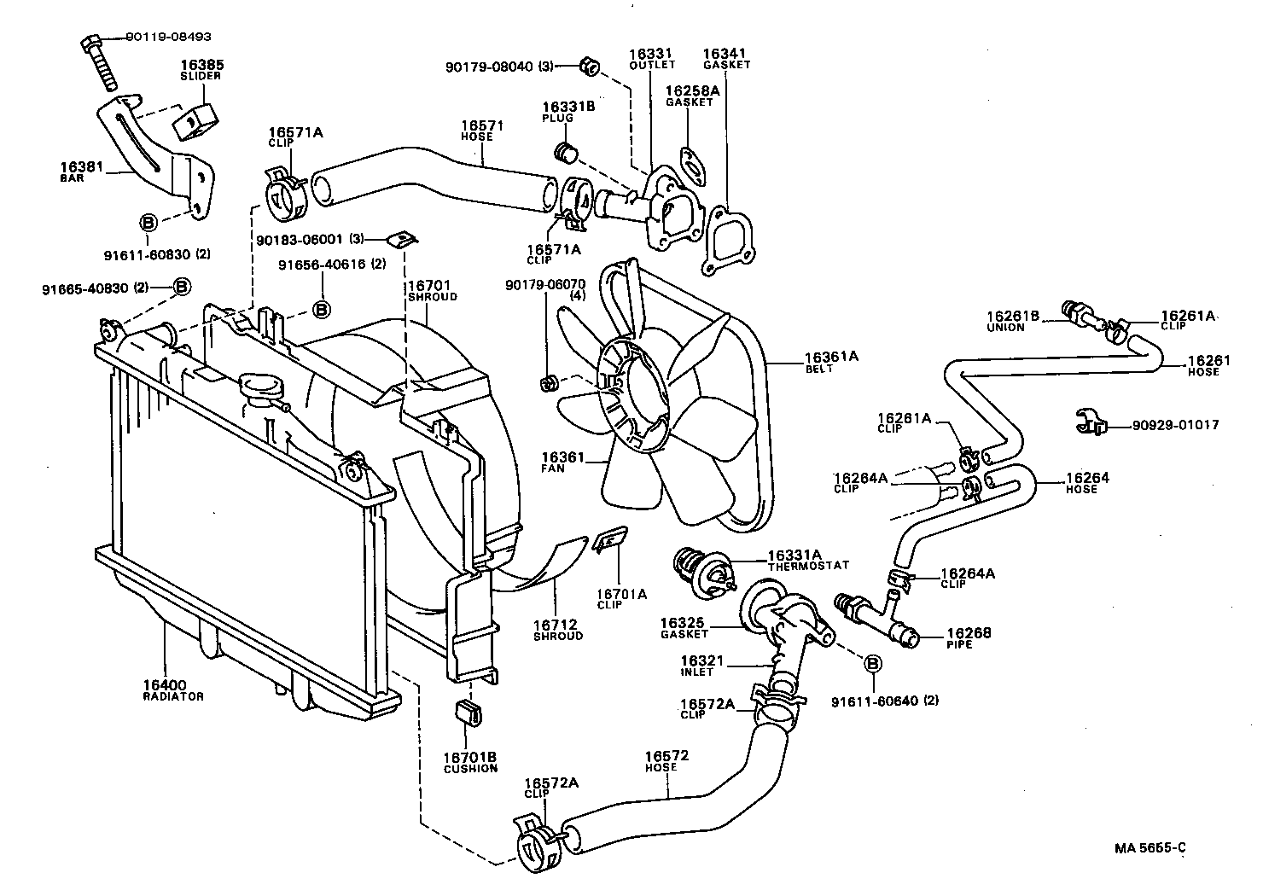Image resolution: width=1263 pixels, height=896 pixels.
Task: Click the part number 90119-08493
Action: tap(168, 38)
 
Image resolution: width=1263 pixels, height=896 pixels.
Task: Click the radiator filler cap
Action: tap(261, 387)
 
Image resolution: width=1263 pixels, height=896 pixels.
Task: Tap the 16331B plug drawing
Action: tap(565, 153)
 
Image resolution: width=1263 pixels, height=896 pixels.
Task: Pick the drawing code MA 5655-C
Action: tap(1150, 847)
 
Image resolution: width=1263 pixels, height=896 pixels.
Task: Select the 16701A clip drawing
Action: tap(609, 540)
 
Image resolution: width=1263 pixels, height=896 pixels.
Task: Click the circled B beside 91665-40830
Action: tap(182, 287)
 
